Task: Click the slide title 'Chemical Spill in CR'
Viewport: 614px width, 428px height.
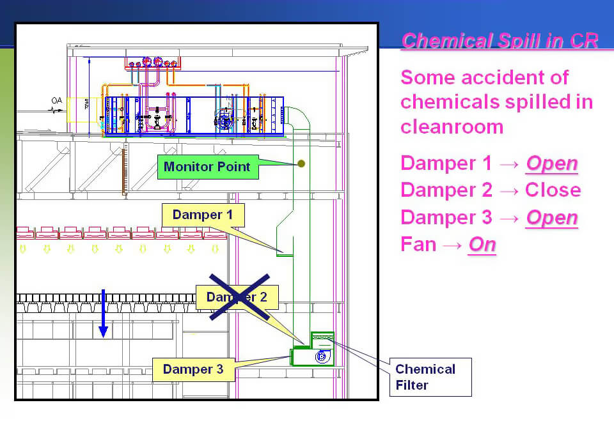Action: click(500, 41)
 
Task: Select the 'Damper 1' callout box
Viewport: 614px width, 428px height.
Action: click(203, 215)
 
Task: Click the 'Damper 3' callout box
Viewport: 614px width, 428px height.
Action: click(193, 369)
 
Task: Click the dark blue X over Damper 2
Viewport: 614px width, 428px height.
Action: click(240, 296)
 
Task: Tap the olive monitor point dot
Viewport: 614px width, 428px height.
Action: click(302, 164)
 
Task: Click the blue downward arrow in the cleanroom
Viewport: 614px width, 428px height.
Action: click(103, 314)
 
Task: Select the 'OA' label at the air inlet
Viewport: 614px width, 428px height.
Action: click(57, 100)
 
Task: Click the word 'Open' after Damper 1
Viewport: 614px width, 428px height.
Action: click(551, 164)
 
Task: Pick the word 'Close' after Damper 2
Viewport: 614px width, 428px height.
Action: click(553, 190)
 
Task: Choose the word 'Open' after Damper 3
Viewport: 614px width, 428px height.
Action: click(551, 218)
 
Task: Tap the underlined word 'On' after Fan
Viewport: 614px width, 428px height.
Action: click(482, 245)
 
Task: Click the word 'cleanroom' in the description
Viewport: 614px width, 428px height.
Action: click(452, 126)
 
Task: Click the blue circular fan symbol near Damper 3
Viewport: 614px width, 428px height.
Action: click(321, 356)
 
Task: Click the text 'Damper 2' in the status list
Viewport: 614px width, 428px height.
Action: click(446, 190)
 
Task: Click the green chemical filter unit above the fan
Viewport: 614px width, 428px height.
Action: click(322, 338)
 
